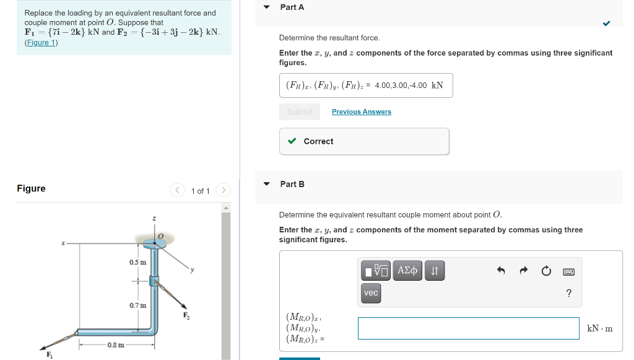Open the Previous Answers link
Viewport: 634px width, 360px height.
click(x=362, y=112)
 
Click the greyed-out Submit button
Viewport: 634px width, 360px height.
click(x=300, y=112)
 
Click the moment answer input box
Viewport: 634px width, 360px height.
click(x=468, y=328)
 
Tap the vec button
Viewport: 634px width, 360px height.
click(x=371, y=293)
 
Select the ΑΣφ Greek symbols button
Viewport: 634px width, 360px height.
click(x=407, y=270)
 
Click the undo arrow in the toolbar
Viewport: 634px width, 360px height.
click(x=502, y=271)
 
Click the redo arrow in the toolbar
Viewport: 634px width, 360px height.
click(x=523, y=271)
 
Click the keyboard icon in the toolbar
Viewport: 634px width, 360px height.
click(x=568, y=271)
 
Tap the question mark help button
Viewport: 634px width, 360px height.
click(x=568, y=293)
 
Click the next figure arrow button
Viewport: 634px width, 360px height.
click(x=224, y=190)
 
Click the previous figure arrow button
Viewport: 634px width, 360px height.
click(x=177, y=190)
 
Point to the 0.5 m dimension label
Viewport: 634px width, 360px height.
click(x=137, y=262)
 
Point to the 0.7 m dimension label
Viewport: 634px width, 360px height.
click(x=137, y=305)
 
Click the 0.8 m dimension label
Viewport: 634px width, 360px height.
click(x=116, y=345)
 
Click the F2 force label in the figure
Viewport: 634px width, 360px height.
click(x=186, y=316)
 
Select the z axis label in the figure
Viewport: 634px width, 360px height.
click(x=154, y=219)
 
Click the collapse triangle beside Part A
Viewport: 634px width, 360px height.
click(x=267, y=7)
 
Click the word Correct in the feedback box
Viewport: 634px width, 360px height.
click(x=318, y=141)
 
